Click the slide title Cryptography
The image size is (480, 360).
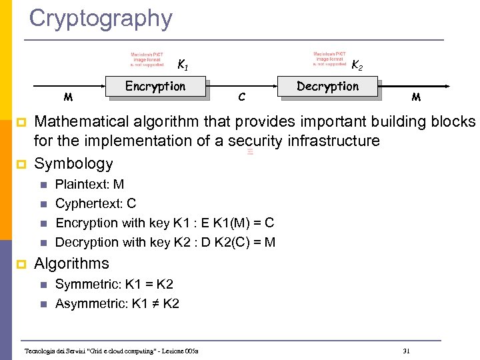101,18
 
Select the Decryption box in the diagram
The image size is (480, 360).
327,87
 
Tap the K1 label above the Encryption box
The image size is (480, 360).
182,65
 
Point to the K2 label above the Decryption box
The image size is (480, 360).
357,65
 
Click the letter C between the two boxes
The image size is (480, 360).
241,98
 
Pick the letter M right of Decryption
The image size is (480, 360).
416,97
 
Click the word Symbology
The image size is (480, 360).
73,163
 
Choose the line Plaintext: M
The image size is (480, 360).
89,184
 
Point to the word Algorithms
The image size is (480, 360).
71,263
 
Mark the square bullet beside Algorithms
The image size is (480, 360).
21,264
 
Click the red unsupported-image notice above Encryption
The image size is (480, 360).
147,59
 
